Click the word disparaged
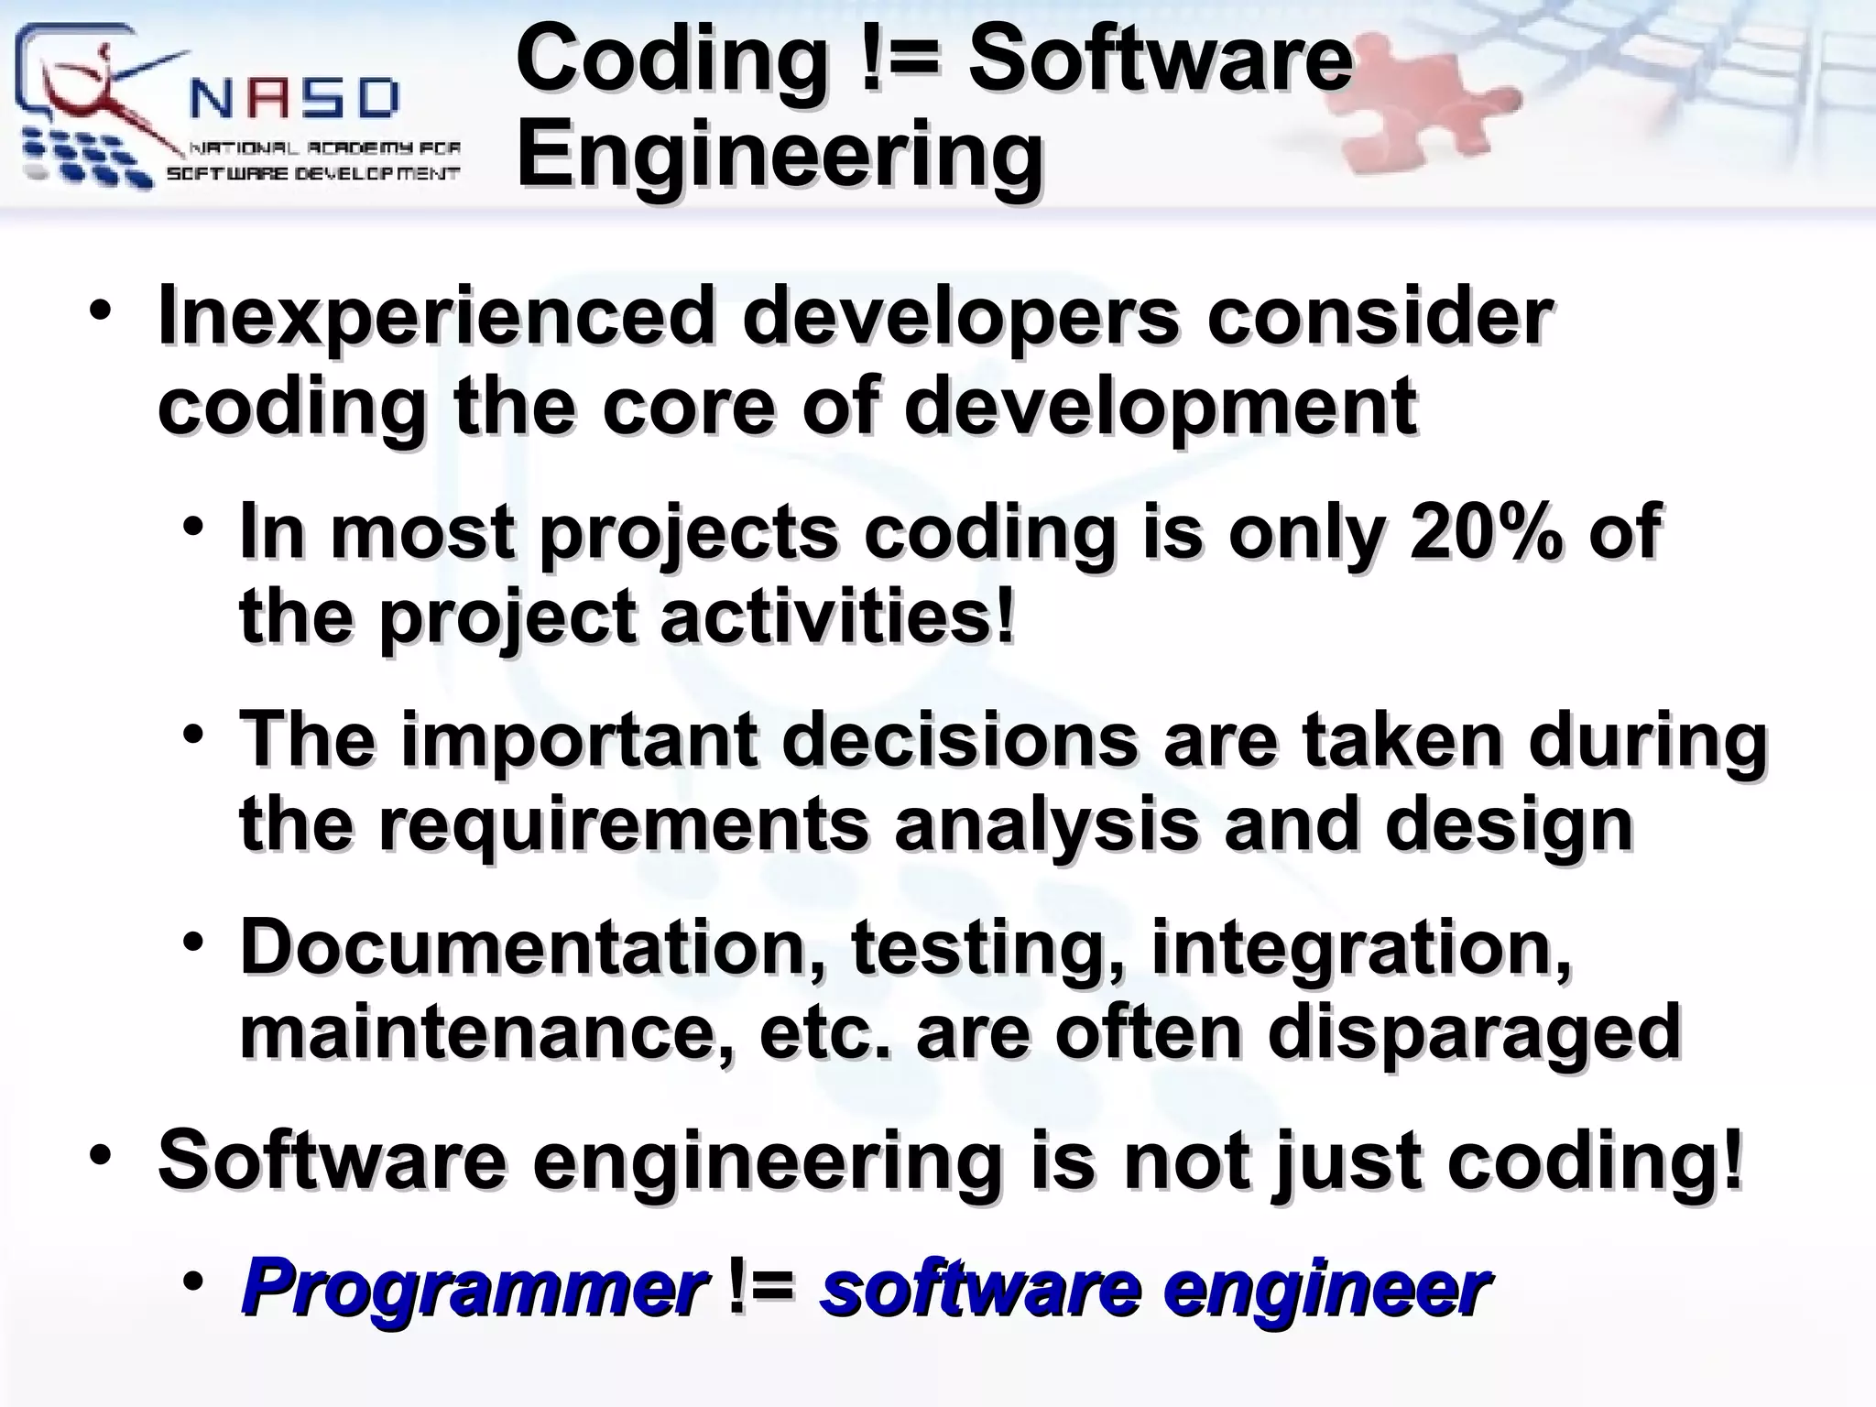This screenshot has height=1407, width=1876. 1474,1031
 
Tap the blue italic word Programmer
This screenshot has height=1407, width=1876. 473,1288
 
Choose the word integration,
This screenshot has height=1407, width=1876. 1361,948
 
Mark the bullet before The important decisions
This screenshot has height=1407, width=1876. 191,733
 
